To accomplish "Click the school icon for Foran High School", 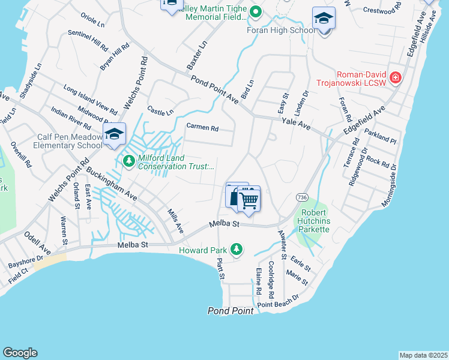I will click(324, 19).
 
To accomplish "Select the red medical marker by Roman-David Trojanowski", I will click(395, 78).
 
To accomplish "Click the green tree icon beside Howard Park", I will click(238, 249).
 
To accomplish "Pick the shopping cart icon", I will click(249, 199).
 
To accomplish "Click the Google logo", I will click(20, 353).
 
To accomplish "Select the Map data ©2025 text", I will click(423, 355).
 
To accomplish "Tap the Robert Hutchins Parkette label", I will click(315, 221).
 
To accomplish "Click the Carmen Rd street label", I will click(202, 127).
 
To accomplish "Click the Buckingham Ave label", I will click(111, 183).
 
